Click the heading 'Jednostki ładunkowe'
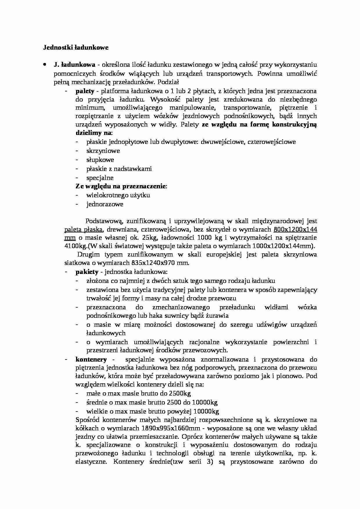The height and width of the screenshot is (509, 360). (x=76, y=48)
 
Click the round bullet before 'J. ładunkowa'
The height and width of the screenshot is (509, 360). (x=44, y=65)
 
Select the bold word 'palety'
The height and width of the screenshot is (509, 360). (x=85, y=91)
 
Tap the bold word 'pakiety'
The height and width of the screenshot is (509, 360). (x=87, y=272)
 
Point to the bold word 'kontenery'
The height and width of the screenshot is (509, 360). (x=91, y=360)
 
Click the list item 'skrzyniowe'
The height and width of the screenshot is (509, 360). (x=103, y=151)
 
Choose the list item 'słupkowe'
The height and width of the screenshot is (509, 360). (x=100, y=160)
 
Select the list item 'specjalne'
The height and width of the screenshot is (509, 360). (x=100, y=178)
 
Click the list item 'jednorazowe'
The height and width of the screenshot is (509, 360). (x=105, y=204)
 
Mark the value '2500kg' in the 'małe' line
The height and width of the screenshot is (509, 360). (x=180, y=394)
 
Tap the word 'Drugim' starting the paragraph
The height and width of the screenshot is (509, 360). (x=88, y=255)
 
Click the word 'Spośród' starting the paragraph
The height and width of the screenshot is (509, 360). (x=88, y=420)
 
